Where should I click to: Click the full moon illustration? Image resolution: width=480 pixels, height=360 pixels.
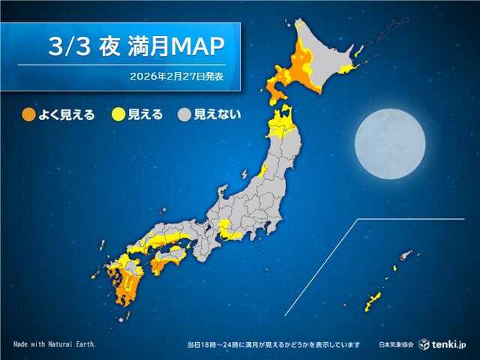point(389,143)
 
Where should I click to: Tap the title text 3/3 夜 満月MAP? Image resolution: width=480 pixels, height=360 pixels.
point(136,46)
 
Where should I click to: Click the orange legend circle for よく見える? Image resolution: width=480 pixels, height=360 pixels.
point(28,115)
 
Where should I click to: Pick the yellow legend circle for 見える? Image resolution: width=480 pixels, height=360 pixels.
point(118,115)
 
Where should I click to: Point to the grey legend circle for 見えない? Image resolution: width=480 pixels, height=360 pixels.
point(183,115)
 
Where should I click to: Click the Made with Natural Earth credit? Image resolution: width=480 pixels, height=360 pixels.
point(54,344)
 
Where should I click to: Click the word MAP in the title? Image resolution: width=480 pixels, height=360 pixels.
point(198,46)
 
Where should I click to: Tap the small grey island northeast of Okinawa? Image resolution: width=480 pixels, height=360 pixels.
point(406,255)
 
